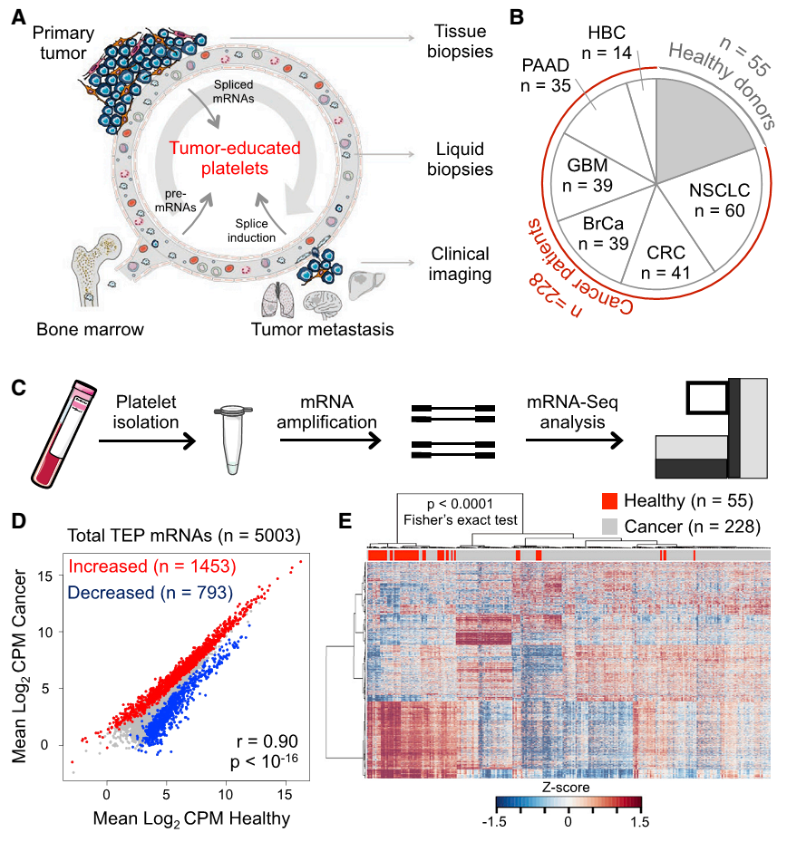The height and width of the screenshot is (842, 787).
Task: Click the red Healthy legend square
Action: coord(610,501)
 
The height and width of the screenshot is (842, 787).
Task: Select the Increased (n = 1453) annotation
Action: coord(152,567)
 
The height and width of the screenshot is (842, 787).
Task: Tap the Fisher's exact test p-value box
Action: coord(460,513)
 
